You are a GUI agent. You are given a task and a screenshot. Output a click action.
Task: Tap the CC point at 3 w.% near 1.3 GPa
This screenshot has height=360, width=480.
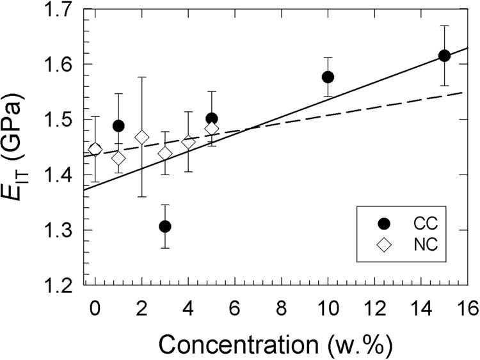click(x=165, y=226)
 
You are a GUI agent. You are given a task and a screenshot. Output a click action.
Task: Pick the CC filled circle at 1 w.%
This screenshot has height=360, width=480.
click(x=118, y=126)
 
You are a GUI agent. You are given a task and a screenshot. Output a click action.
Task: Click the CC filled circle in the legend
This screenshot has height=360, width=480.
click(x=384, y=223)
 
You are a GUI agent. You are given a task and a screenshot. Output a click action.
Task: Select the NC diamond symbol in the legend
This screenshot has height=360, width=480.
click(x=384, y=244)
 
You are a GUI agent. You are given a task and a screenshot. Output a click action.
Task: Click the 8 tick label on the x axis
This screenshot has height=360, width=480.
click(x=282, y=308)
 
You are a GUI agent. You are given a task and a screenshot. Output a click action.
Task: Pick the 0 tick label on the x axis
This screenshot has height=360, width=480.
click(x=95, y=308)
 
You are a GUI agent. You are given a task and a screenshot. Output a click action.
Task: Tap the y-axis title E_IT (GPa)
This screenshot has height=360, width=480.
click(x=19, y=148)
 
